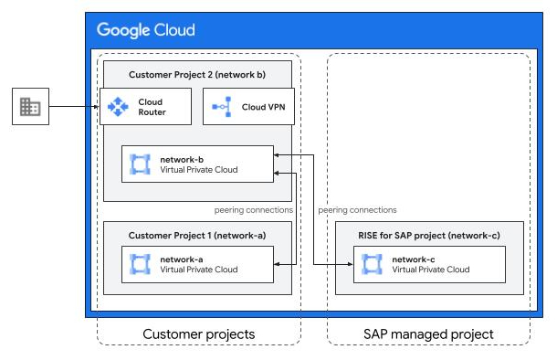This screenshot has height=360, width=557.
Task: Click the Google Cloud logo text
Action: point(146,30)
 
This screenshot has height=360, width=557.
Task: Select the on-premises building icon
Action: point(30,107)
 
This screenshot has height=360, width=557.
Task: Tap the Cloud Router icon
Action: point(119,107)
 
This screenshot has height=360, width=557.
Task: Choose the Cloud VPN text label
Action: point(264,107)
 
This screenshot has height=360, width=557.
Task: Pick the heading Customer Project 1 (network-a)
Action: point(197,236)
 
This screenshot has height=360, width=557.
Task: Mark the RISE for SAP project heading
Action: point(428,236)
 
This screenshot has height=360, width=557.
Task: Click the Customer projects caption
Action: point(198,334)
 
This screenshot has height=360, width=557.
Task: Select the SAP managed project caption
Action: point(428,334)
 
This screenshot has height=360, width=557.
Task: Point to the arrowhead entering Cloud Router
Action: point(96,107)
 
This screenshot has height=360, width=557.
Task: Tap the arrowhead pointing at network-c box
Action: point(352,264)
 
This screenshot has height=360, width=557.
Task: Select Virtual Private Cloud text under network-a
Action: point(198,270)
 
